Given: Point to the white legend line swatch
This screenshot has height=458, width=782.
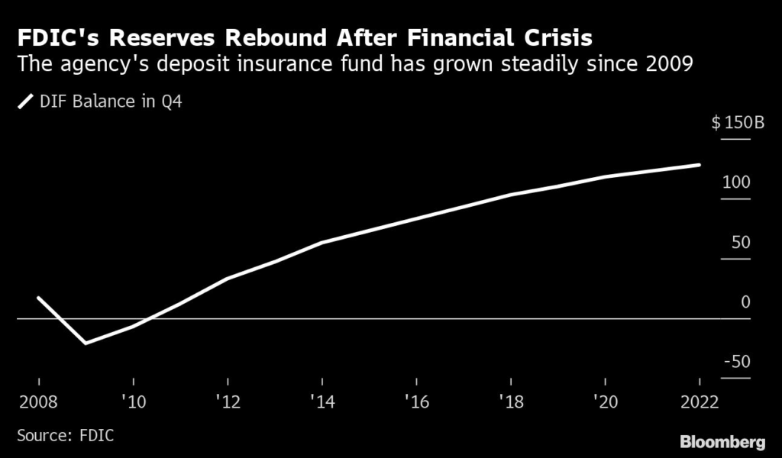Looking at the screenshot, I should [x=26, y=101].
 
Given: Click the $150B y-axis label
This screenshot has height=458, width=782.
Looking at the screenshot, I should [x=738, y=123].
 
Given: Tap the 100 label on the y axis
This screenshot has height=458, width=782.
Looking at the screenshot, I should [x=738, y=183].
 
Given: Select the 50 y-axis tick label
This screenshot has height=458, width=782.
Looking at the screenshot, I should [x=741, y=243].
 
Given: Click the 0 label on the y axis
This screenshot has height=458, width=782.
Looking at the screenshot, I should [x=745, y=302].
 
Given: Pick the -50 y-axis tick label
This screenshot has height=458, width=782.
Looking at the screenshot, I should [x=737, y=362].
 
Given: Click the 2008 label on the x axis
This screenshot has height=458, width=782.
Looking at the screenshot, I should [x=38, y=402].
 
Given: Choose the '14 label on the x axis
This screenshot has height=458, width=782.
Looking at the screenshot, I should [x=322, y=402].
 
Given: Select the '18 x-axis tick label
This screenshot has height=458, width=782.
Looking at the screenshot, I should [x=510, y=402].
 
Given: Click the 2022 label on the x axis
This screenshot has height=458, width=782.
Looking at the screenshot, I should [x=700, y=402].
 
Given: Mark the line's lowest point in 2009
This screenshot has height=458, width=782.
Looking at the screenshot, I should [x=86, y=343].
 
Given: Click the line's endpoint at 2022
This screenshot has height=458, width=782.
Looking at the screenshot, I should [x=700, y=164].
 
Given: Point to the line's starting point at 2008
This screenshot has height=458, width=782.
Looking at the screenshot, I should [x=38, y=298].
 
